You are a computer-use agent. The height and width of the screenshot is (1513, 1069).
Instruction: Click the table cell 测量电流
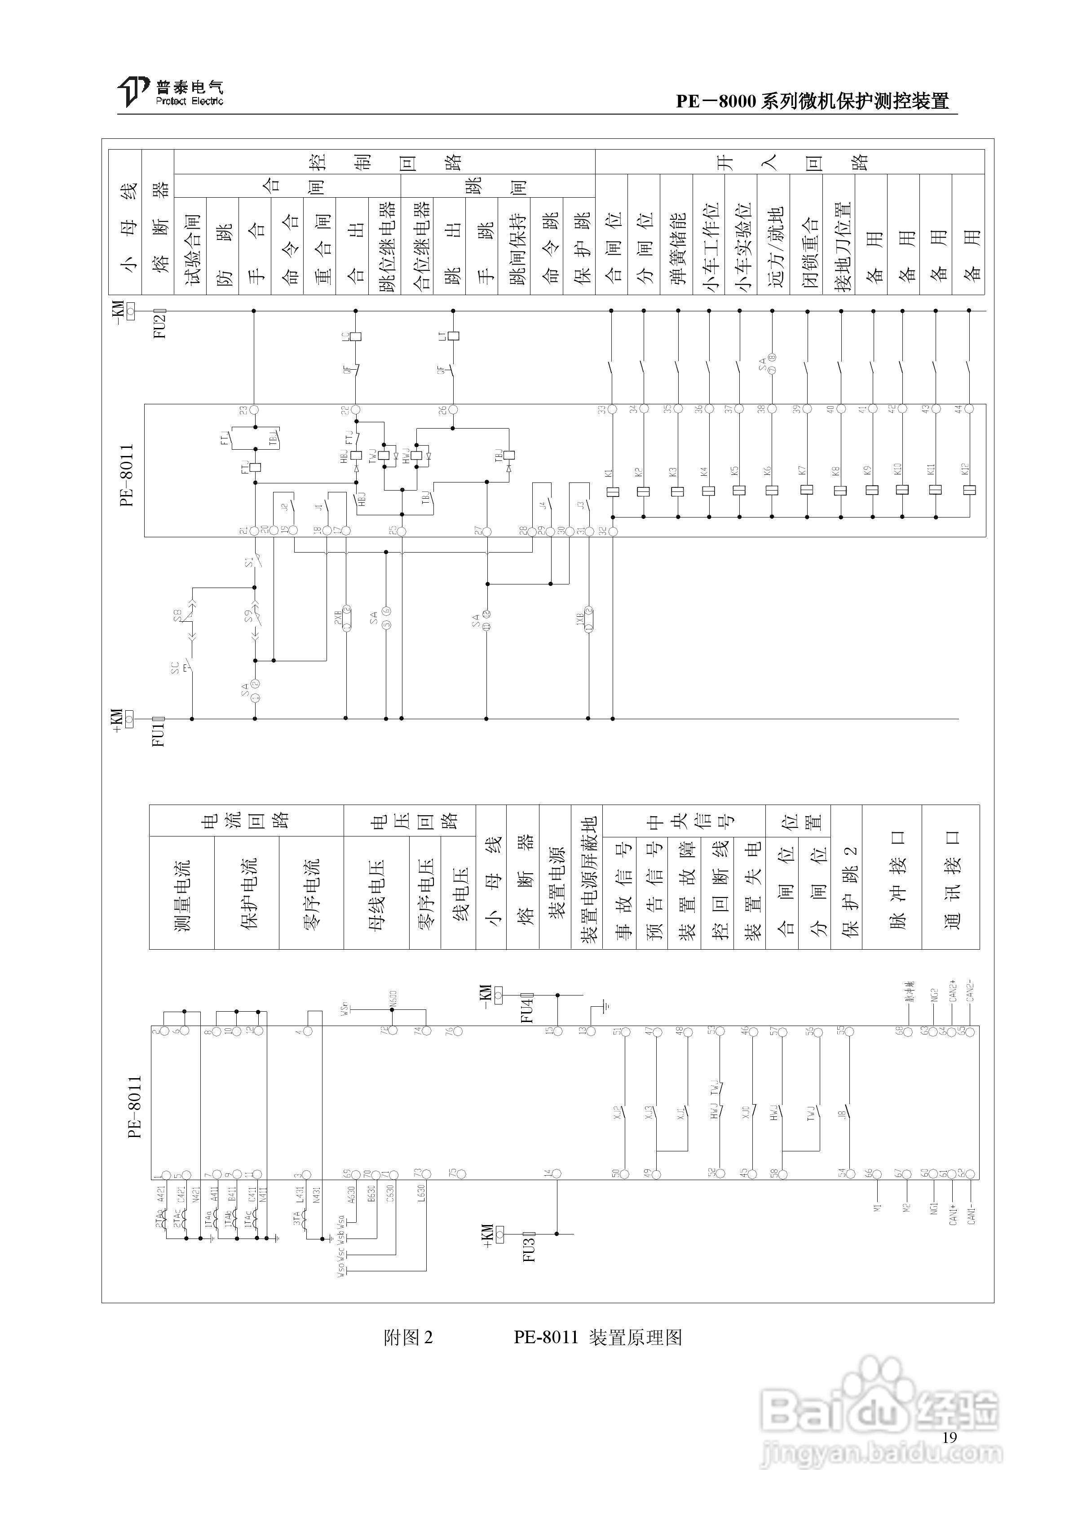point(182,894)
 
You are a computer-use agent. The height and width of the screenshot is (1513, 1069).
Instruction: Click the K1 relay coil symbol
point(612,491)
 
